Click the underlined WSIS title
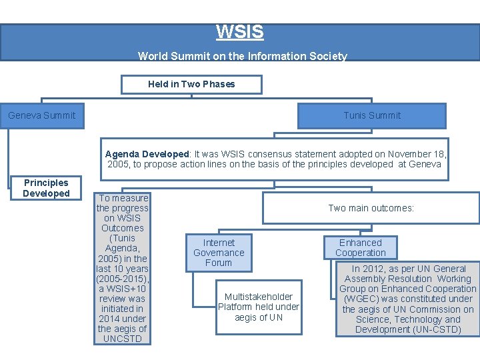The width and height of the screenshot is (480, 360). point(240,32)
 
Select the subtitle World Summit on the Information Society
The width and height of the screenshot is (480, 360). point(242,56)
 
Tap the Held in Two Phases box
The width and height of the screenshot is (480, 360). point(191,84)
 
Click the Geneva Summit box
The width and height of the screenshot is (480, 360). point(42,115)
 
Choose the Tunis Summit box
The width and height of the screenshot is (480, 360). point(372,115)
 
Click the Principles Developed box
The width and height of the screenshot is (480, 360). point(46,188)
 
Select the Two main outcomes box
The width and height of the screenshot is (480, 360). point(371,208)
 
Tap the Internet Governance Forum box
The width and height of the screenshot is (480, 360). point(219,253)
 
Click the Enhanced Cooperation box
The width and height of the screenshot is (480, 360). point(361,247)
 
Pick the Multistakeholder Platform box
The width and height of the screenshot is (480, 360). point(259,307)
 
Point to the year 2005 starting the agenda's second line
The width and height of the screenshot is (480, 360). point(118,164)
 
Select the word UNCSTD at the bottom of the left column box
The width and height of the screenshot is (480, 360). point(122,339)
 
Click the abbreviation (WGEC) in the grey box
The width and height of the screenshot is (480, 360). point(361,299)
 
